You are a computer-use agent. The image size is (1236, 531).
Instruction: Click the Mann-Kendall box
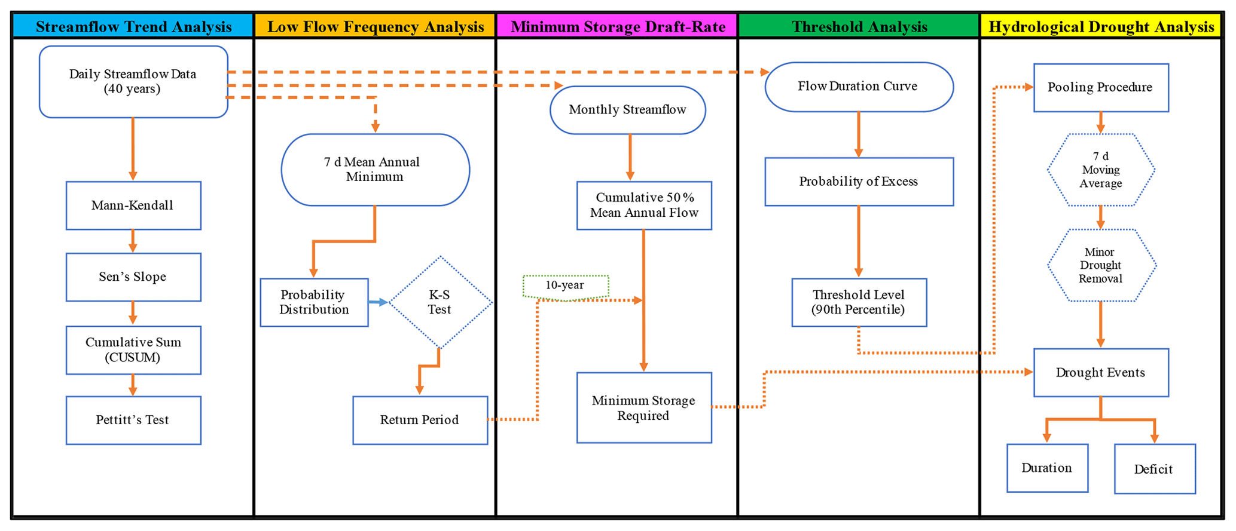coord(133,205)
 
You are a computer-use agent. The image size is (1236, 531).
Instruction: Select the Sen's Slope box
coord(133,277)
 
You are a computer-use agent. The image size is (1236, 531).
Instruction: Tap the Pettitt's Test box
coord(133,420)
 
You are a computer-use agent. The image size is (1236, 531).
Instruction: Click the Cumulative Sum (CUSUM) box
coord(133,350)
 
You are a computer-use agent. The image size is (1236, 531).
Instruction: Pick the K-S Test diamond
coord(440,302)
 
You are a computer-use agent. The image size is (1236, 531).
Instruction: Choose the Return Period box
coord(420,420)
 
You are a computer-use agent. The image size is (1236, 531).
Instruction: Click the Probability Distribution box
coord(314,302)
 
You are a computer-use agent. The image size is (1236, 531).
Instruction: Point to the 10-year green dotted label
coord(566,286)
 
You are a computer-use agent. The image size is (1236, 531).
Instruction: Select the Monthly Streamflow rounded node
coord(627,110)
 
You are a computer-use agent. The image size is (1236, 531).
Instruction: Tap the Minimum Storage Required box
coord(644,408)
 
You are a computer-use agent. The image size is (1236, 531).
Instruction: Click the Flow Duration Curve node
coord(859,87)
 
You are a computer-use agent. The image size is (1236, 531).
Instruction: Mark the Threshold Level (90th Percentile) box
coord(859,302)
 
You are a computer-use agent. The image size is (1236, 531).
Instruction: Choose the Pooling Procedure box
coord(1100,87)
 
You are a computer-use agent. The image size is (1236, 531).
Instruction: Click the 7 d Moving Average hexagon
coord(1100,170)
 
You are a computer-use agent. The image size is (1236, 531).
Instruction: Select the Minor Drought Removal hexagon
coord(1100,265)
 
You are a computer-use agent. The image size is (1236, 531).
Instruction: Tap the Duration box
coord(1047,468)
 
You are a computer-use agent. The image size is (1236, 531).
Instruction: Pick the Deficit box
coord(1154,469)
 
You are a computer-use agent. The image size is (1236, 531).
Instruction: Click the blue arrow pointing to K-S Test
coord(378,303)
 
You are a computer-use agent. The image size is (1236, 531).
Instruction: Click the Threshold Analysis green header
coord(859,27)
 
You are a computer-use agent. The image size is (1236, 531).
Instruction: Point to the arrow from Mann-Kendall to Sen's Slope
coord(133,241)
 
